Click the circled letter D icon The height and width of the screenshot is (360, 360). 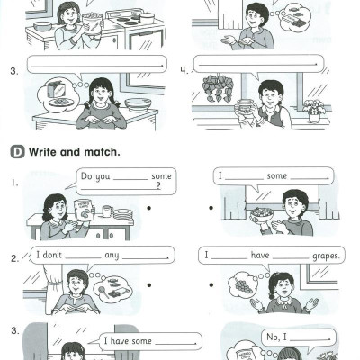(18, 152)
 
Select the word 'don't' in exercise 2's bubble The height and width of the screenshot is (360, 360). (52, 255)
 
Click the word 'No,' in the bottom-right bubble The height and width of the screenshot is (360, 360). (273, 337)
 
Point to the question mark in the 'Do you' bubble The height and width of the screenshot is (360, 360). (158, 186)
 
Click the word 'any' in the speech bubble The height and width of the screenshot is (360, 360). (112, 256)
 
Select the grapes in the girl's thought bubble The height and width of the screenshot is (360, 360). (243, 286)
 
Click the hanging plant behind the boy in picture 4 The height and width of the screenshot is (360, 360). (218, 87)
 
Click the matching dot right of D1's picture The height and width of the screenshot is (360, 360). (149, 208)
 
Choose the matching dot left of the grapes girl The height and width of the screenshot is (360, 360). (211, 284)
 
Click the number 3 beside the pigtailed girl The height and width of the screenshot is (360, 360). (13, 71)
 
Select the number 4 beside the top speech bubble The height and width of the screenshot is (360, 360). (184, 71)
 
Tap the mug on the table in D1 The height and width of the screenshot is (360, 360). (107, 211)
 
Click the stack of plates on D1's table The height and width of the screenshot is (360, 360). (123, 214)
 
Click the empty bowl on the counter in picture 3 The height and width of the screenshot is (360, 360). (139, 104)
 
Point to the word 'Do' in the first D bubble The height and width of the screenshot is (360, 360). (86, 176)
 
